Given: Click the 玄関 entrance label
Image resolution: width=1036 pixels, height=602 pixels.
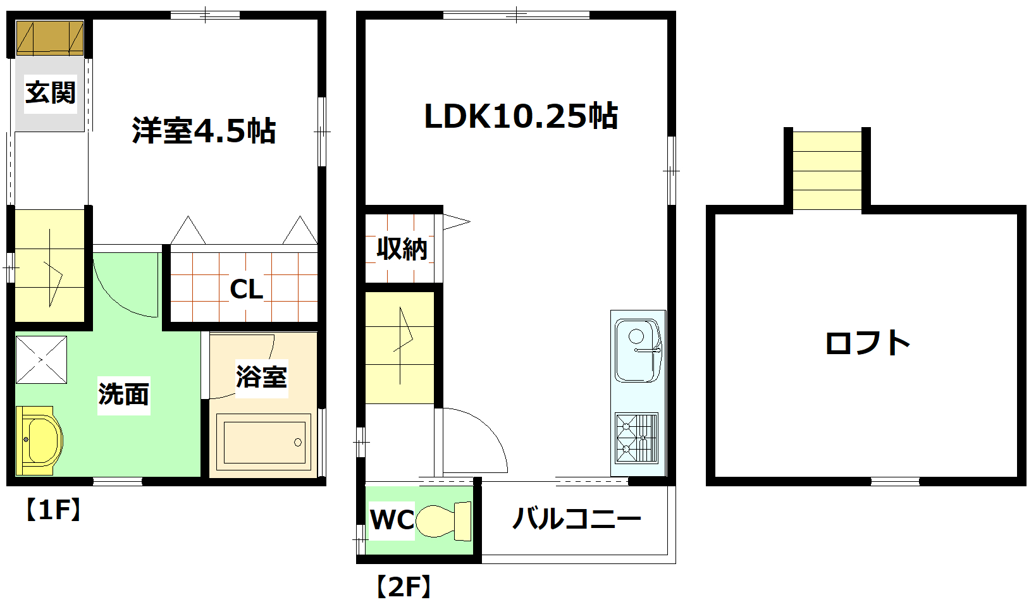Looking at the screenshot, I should click(x=51, y=93).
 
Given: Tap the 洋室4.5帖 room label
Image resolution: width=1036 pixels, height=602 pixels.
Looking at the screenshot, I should click(x=204, y=131).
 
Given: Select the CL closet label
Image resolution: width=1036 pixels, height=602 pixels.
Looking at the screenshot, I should click(x=246, y=290).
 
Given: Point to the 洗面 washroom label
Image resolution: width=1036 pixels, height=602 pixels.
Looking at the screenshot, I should click(x=124, y=395).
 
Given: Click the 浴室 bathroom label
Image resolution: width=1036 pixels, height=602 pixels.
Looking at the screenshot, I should click(x=261, y=378).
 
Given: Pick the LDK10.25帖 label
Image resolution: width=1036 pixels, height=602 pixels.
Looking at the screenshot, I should click(x=521, y=116).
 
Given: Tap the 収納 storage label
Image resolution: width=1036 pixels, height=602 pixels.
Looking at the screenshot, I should click(x=402, y=249).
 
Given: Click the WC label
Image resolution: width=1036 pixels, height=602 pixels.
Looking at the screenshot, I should click(x=392, y=520).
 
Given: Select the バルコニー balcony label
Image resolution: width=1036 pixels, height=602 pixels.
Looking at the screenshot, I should click(x=576, y=519).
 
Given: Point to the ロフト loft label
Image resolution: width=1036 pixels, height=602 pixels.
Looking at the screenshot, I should click(x=867, y=343).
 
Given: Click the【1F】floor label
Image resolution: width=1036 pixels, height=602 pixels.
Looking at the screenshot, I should click(x=53, y=509).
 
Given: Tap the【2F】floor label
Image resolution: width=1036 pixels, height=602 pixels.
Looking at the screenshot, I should click(x=404, y=586).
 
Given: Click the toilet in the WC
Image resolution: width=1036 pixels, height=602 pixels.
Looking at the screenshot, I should click(x=445, y=520).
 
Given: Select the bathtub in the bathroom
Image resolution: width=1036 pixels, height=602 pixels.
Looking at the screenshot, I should click(x=263, y=442).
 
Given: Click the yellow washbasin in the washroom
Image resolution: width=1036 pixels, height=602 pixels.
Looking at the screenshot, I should click(x=39, y=440).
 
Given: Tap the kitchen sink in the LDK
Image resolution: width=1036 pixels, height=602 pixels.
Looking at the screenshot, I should click(x=638, y=350).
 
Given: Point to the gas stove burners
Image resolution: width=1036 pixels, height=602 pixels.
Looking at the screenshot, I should click(x=636, y=438).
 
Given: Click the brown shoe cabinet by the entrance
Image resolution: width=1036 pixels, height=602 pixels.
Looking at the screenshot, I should click(x=50, y=38).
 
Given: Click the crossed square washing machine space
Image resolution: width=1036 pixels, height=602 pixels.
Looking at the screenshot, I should click(x=41, y=360).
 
